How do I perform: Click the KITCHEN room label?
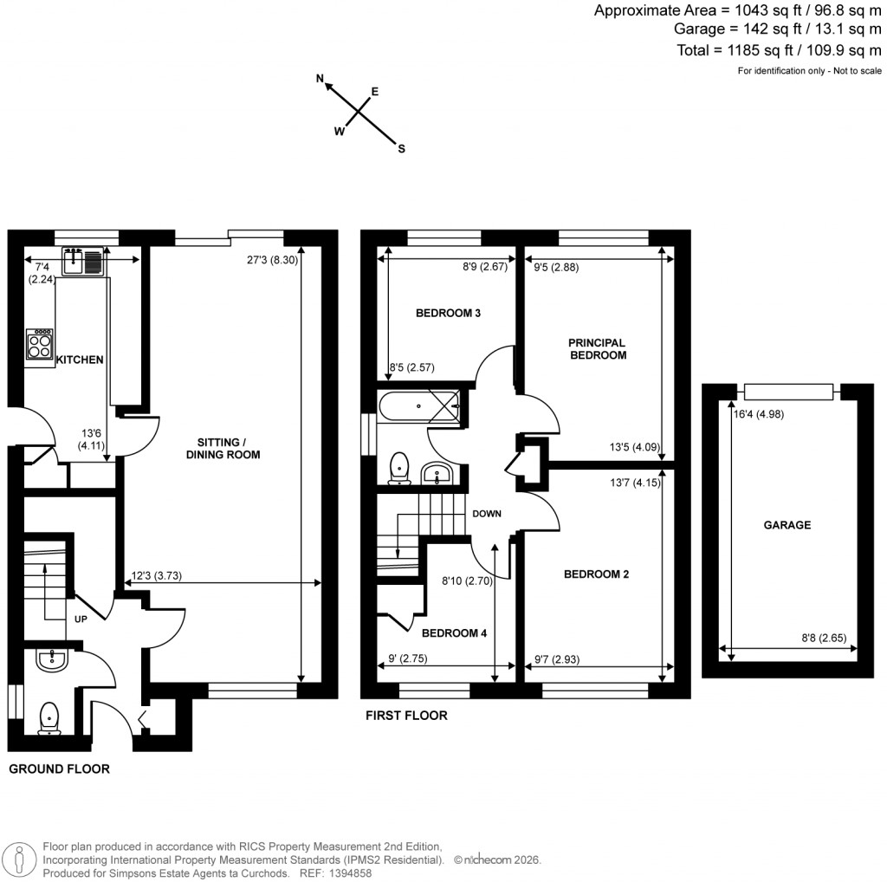coord(80,360)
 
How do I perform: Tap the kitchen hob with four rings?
coord(40,347)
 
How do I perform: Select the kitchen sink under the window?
coord(82,260)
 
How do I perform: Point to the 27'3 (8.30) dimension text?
coord(272,260)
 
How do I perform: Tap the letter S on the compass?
coord(401,148)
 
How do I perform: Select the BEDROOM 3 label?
coord(448,313)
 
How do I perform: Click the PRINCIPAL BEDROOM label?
coord(598,348)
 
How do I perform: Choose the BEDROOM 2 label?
coord(596,574)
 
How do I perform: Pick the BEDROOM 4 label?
coord(453,633)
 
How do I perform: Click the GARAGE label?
coord(787,525)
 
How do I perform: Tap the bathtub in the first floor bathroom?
coord(418,407)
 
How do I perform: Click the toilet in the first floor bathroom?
coord(399,466)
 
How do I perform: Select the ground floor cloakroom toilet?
coord(50,717)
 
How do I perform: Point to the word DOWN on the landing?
coord(487,514)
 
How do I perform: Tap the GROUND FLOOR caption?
coord(59,769)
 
